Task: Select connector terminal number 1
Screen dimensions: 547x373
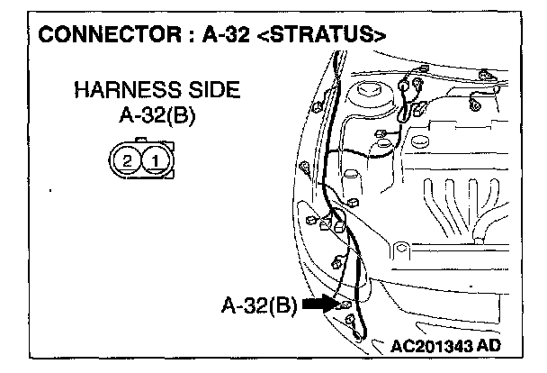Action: click(x=157, y=161)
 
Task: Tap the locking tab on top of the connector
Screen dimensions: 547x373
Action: click(x=143, y=141)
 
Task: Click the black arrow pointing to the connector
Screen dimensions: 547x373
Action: click(x=319, y=305)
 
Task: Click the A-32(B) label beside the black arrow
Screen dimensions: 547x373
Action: click(x=259, y=305)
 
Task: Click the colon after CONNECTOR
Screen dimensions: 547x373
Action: click(x=171, y=35)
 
